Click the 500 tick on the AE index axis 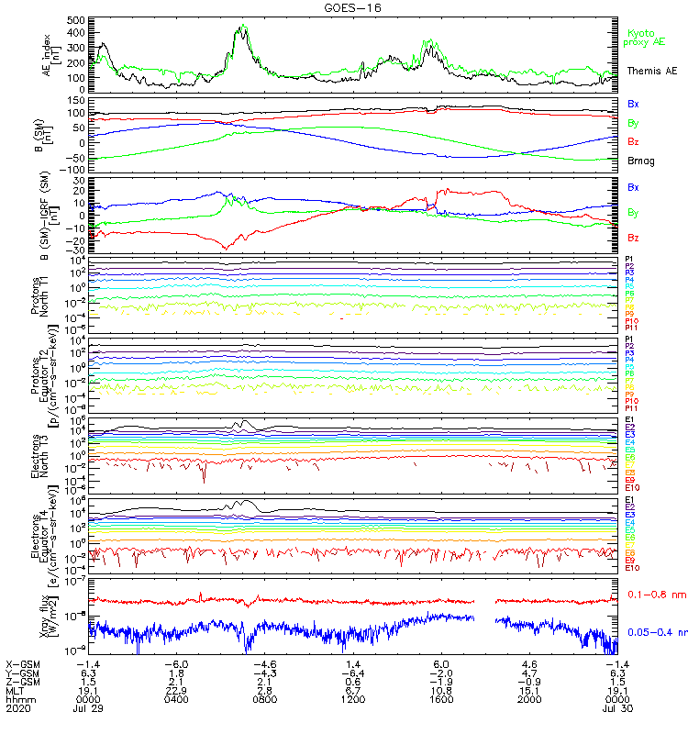coord(80,19)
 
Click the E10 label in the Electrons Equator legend coord(632,568)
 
